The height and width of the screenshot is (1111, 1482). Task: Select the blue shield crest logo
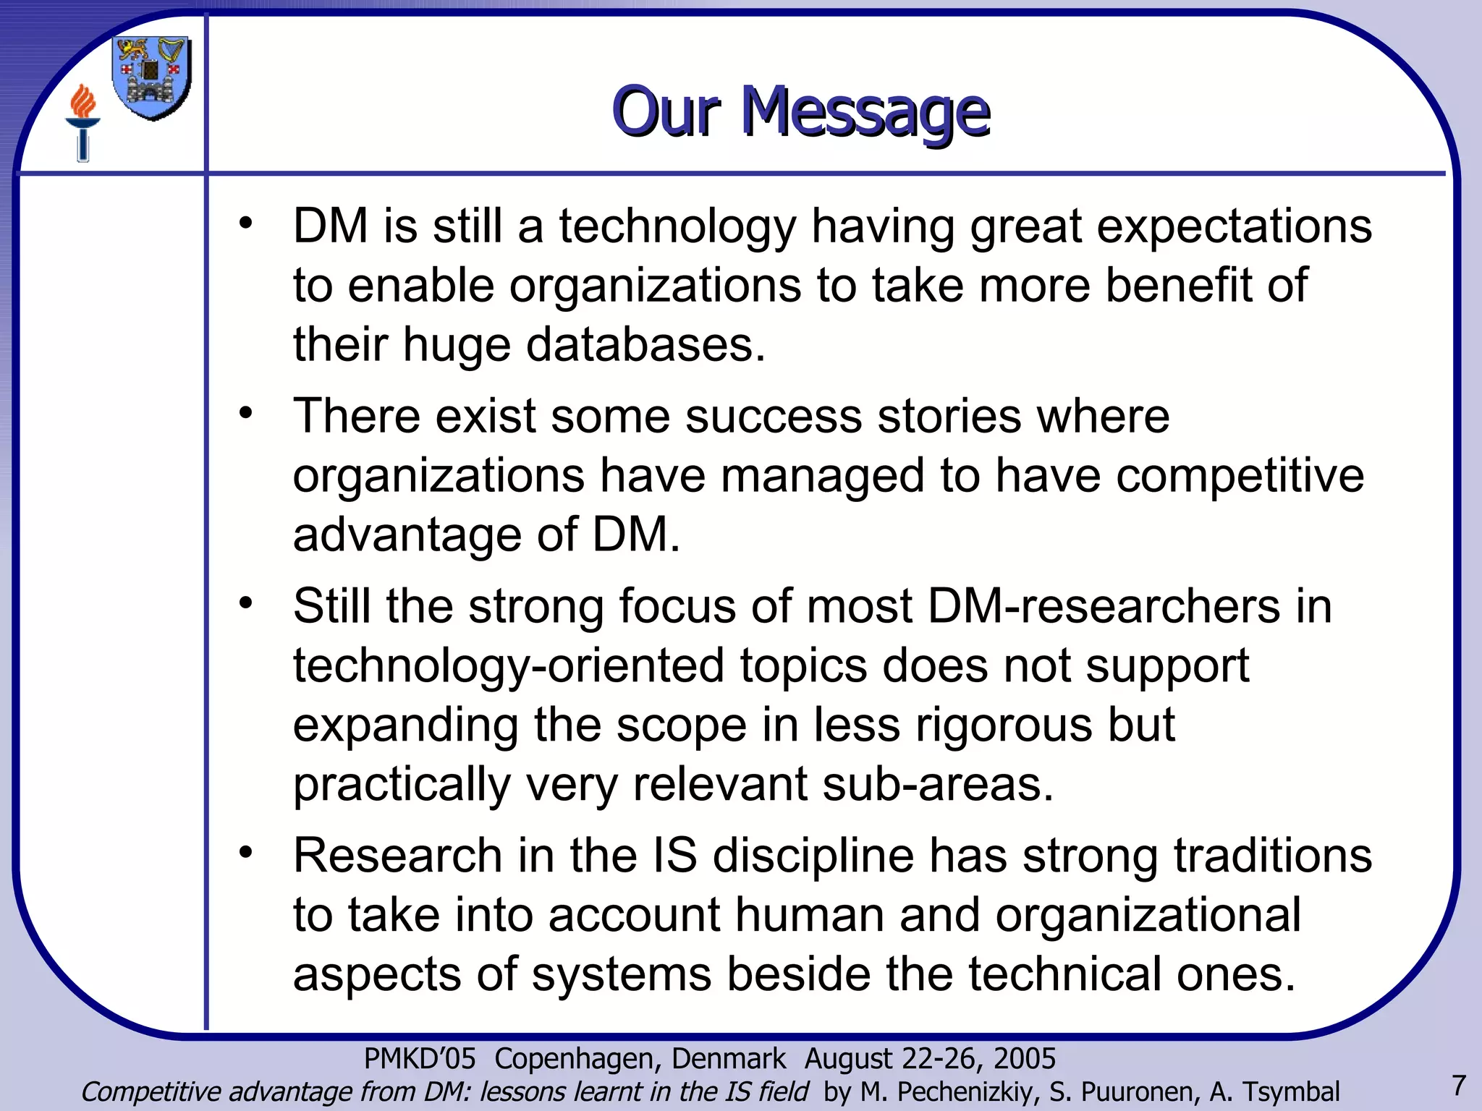(152, 78)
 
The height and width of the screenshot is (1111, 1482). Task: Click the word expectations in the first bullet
(1234, 226)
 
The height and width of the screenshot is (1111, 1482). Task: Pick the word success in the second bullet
(774, 417)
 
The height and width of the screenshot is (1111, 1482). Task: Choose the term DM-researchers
(1104, 606)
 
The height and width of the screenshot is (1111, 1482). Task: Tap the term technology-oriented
(508, 665)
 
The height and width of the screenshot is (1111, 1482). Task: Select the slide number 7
(1459, 1086)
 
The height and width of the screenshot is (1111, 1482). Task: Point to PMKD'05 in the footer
(420, 1059)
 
